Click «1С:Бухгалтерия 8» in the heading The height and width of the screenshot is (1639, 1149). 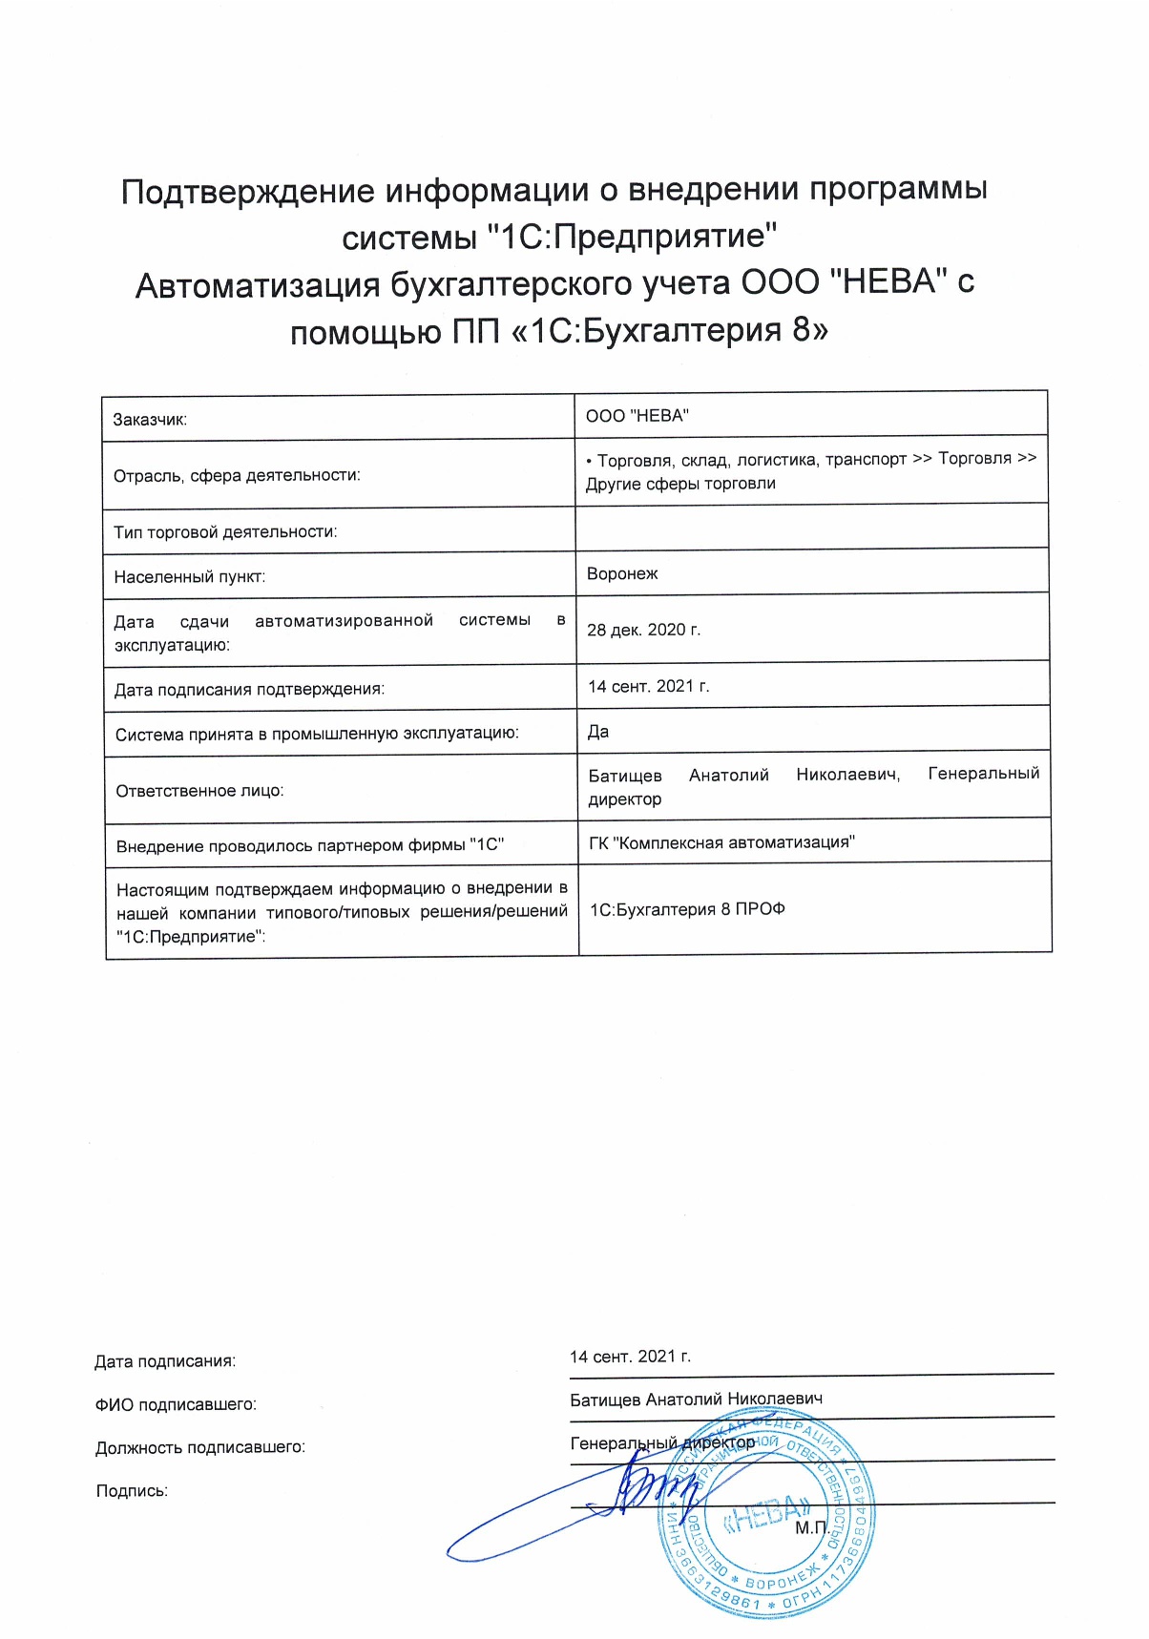pos(678,331)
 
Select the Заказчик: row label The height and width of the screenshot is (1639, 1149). pos(150,420)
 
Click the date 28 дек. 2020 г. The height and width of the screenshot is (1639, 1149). pos(643,630)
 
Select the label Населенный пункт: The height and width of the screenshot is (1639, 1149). pos(189,577)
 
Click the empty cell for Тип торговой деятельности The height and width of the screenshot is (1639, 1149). pos(811,528)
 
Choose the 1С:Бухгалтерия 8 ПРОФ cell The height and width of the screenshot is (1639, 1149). pos(687,909)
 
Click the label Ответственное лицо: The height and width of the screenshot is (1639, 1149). pos(199,791)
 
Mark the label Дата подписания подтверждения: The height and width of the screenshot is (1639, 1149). pos(249,690)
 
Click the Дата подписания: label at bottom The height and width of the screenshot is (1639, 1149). pos(164,1361)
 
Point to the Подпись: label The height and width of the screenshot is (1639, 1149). pos(132,1491)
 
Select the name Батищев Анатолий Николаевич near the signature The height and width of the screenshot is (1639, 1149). pos(696,1400)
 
